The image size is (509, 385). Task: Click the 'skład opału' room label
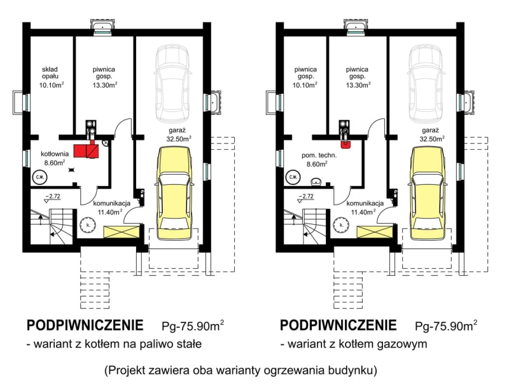(x=50, y=73)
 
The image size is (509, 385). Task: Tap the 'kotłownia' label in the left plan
(x=55, y=154)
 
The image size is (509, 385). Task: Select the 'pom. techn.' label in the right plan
(x=319, y=155)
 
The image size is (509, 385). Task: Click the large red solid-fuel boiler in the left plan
(x=87, y=150)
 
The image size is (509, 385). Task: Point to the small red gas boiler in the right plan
(x=345, y=145)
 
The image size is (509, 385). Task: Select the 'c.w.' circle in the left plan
(x=39, y=177)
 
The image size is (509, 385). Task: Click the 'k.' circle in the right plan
(x=341, y=225)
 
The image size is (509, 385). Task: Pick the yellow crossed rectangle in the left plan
(x=122, y=232)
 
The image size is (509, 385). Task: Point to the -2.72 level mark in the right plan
(x=307, y=198)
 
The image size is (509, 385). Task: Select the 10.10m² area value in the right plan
(x=305, y=85)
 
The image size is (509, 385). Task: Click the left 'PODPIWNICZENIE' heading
(x=85, y=325)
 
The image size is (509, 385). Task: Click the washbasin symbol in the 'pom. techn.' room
(x=314, y=182)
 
